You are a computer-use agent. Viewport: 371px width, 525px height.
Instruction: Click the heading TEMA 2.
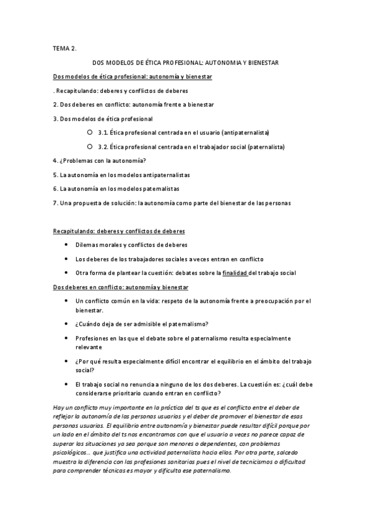[64, 48]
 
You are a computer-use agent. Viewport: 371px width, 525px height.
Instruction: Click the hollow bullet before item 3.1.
[90, 132]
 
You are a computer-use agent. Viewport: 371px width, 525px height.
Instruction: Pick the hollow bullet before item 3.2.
[90, 147]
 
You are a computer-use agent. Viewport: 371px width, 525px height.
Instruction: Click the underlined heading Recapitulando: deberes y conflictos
[119, 231]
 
